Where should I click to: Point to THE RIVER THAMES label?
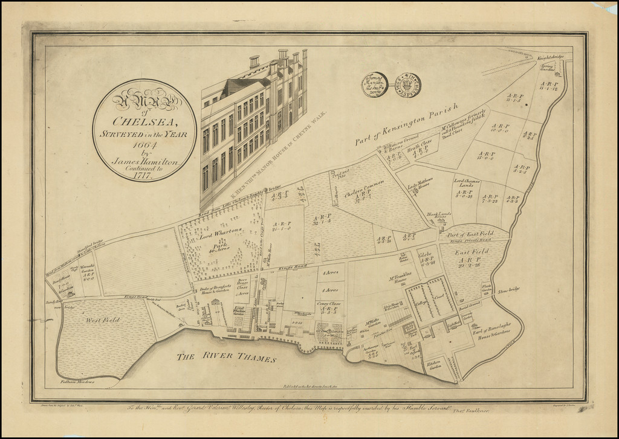pos(226,357)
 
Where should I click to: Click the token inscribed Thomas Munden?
pos(375,85)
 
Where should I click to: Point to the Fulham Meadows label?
pos(77,381)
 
